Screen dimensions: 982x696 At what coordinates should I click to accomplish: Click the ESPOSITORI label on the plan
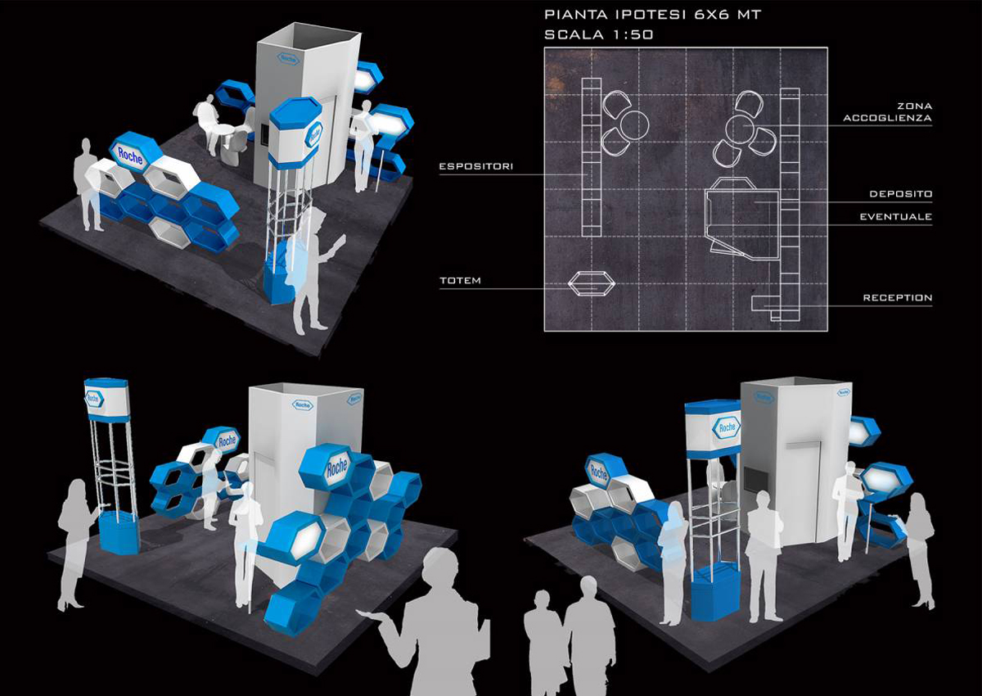pyautogui.click(x=476, y=166)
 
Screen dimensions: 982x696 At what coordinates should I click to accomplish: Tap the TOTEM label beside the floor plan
pyautogui.click(x=460, y=281)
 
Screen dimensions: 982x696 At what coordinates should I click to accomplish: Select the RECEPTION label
pyautogui.click(x=898, y=298)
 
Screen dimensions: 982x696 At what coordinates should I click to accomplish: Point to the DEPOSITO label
pyautogui.click(x=901, y=194)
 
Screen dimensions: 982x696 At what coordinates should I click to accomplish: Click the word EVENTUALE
pyautogui.click(x=896, y=217)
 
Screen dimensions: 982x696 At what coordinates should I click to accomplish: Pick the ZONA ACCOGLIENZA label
pyautogui.click(x=888, y=112)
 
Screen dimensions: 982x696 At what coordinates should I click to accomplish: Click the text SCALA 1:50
pyautogui.click(x=599, y=34)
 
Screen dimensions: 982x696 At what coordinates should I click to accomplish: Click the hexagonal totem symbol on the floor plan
pyautogui.click(x=592, y=284)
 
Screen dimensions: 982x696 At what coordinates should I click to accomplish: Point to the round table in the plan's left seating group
pyautogui.click(x=634, y=124)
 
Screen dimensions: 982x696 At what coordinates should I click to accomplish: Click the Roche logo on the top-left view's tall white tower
pyautogui.click(x=287, y=59)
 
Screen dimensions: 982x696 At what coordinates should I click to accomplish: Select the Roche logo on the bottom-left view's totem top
pyautogui.click(x=93, y=399)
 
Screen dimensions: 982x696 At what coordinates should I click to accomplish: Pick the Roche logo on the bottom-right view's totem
pyautogui.click(x=727, y=427)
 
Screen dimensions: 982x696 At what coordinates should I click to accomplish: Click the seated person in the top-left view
pyautogui.click(x=207, y=124)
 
